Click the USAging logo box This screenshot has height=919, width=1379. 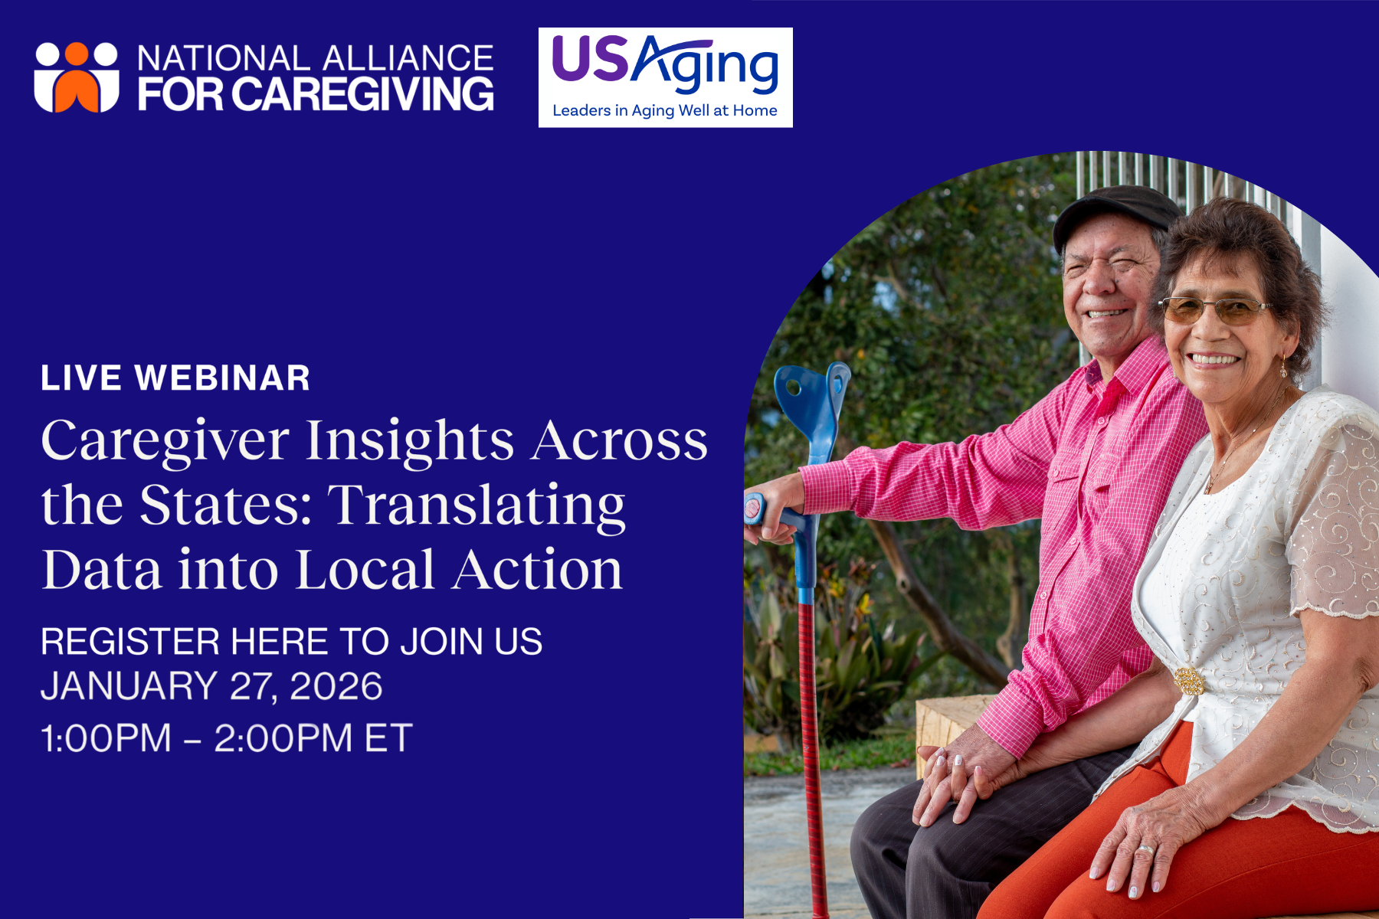665,77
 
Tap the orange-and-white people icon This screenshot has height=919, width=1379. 77,77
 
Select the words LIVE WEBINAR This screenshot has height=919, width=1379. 175,378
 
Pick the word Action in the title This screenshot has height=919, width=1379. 537,570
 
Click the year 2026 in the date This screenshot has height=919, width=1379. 336,686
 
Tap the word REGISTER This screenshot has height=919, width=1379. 130,642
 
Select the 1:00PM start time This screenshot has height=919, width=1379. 106,739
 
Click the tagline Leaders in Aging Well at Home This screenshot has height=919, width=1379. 665,110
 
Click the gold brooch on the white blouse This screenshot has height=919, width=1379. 1188,681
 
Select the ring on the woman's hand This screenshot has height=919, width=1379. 1146,849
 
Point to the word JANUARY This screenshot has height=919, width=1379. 129,686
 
